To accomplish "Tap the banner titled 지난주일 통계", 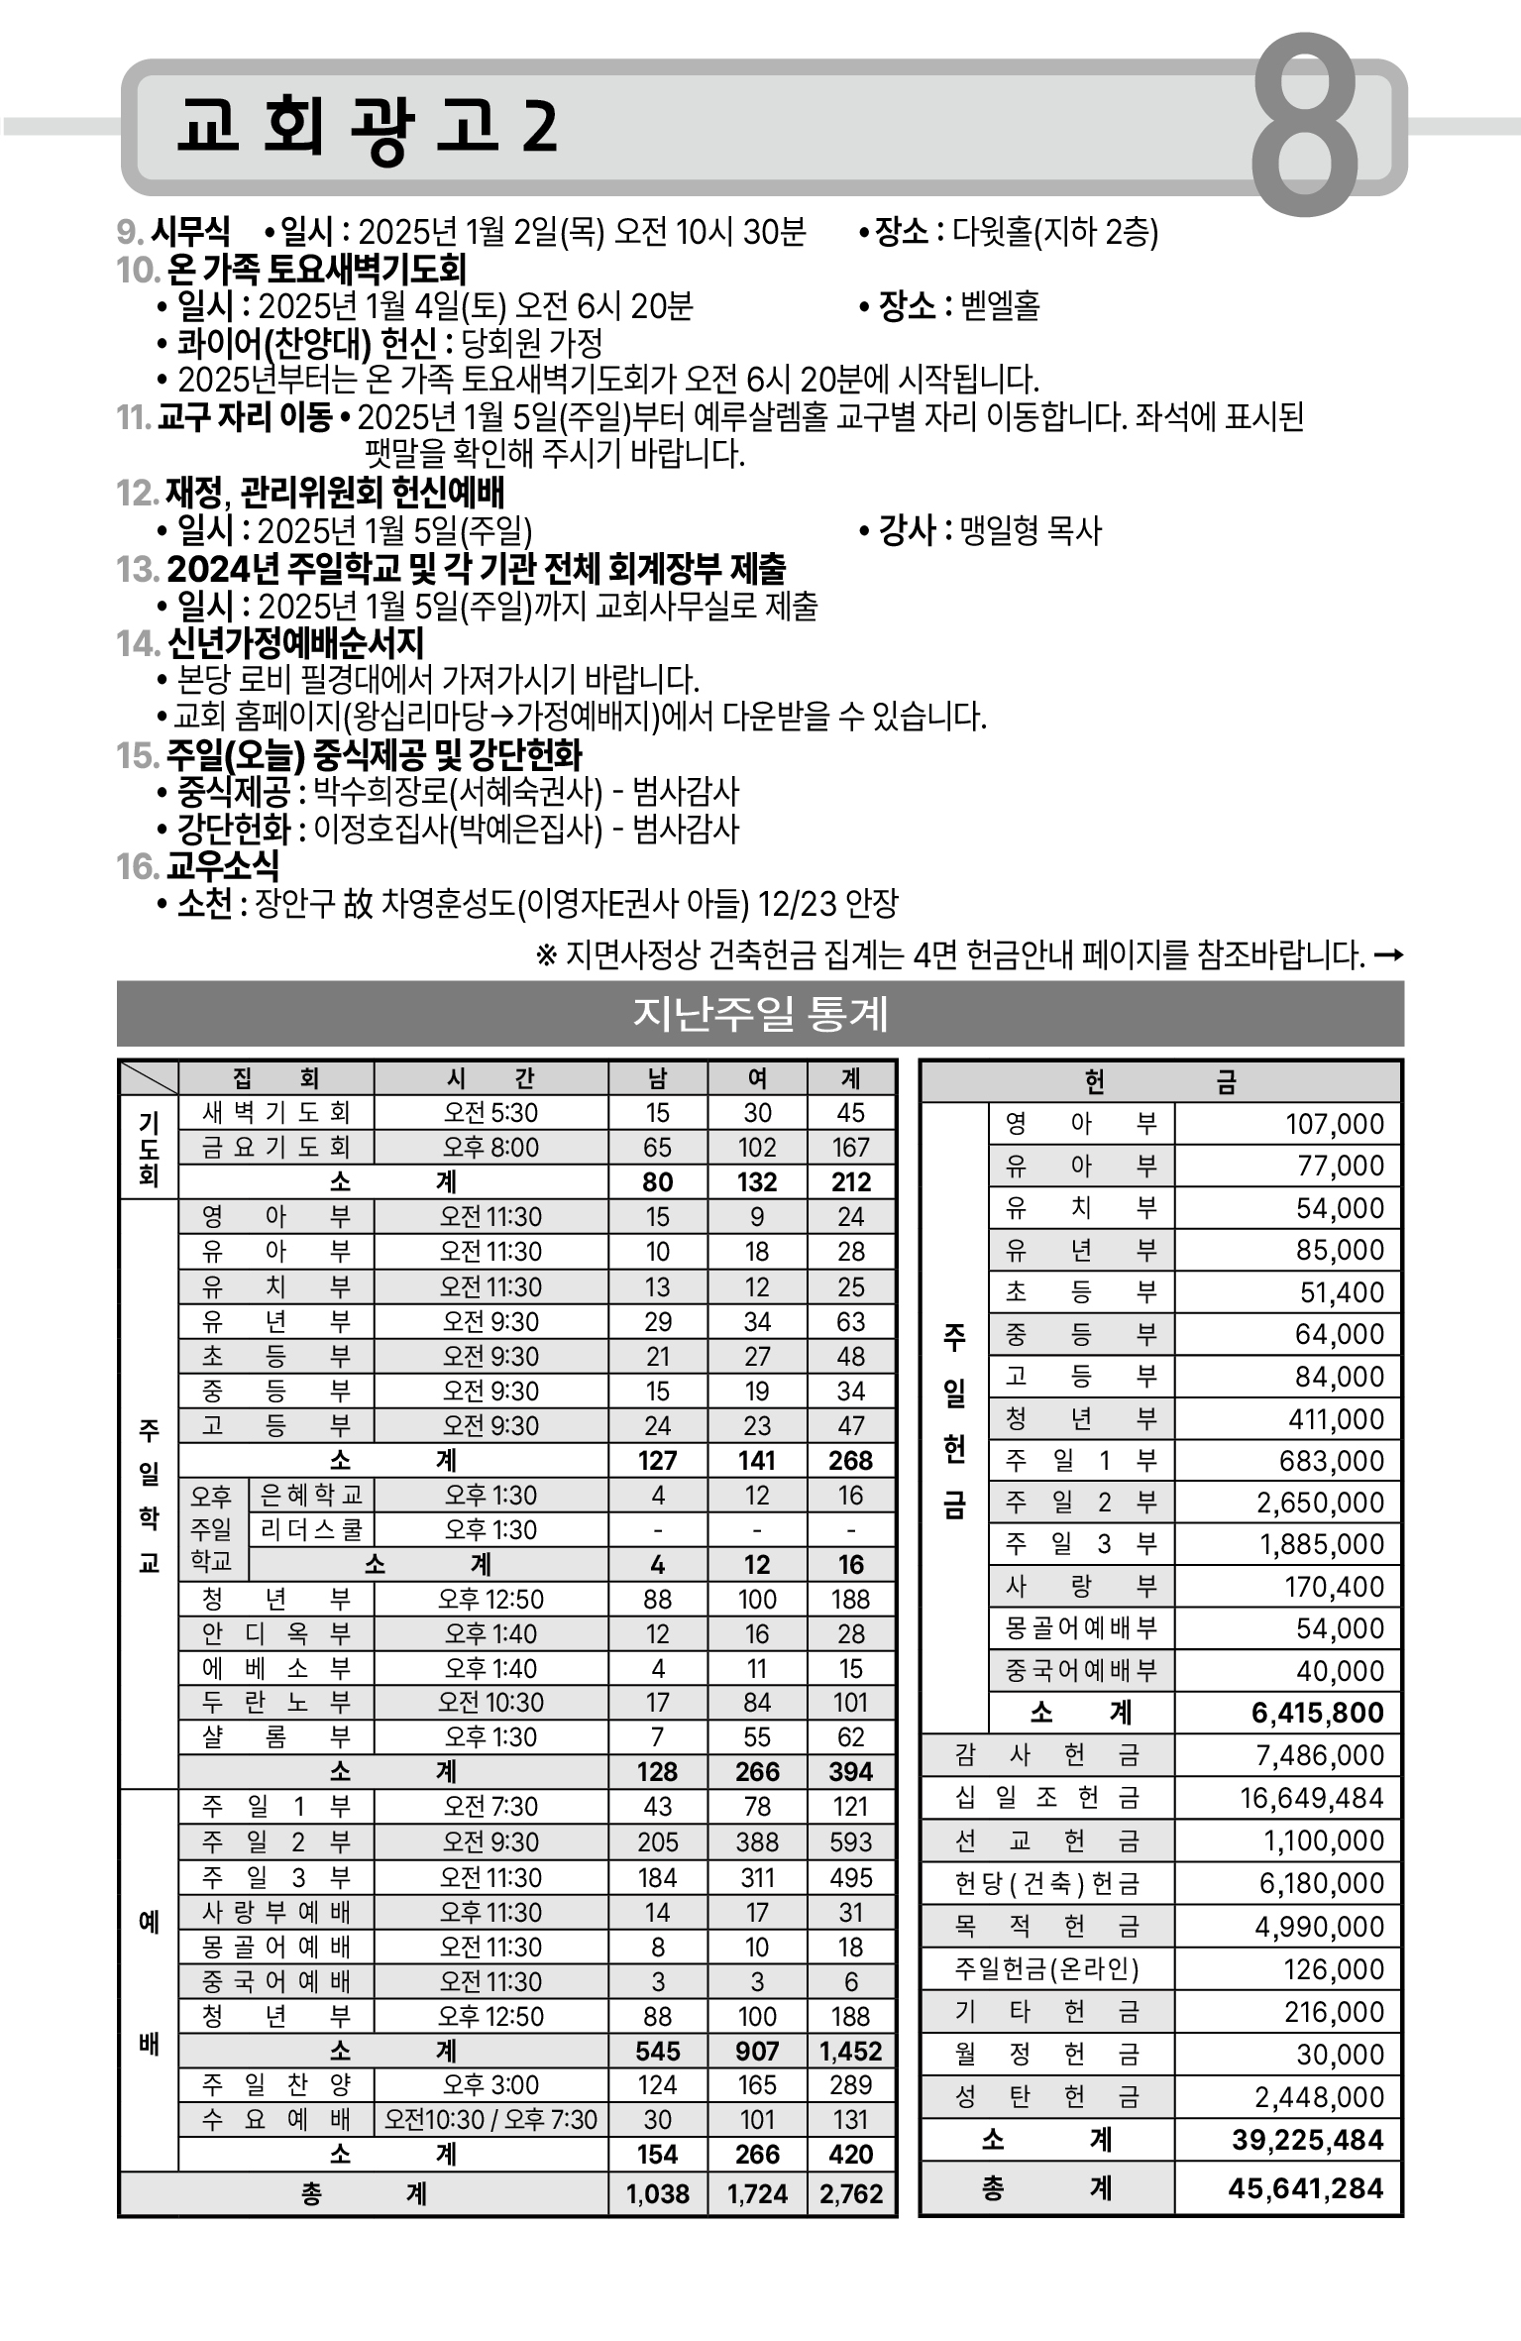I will (x=760, y=1014).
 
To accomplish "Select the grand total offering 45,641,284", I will (x=1305, y=2187).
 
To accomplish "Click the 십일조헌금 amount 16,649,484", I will (x=1312, y=1798).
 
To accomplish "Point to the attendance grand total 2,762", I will (x=851, y=2194).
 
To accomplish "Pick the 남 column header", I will (x=658, y=1078).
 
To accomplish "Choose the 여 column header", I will (x=757, y=1078).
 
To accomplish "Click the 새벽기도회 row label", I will (x=275, y=1113).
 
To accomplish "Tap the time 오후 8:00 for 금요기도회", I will (x=490, y=1148).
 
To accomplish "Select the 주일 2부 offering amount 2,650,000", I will (x=1320, y=1503).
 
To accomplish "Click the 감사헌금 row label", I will (x=1047, y=1755).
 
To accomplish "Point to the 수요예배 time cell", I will (x=490, y=2120).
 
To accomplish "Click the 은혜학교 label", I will (x=311, y=1495).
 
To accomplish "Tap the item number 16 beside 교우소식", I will (x=137, y=867).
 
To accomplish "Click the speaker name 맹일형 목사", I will (x=1031, y=531).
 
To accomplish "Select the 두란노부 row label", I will (x=275, y=1703).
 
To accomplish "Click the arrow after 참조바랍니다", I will (x=1389, y=955).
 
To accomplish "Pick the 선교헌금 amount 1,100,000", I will (x=1323, y=1840).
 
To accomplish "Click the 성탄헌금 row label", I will (x=1047, y=2097).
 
